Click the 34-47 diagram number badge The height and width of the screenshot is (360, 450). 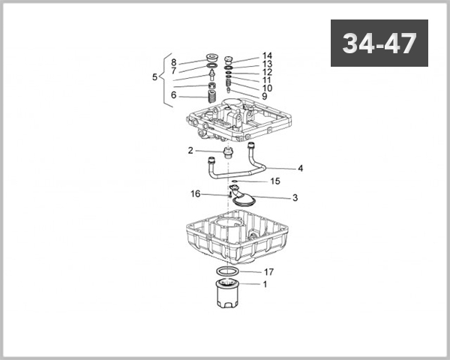tap(379, 43)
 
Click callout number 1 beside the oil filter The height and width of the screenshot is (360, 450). tap(264, 284)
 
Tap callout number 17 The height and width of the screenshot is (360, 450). tap(268, 271)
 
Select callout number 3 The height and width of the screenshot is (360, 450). tap(295, 198)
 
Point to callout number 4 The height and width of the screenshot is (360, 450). tap(300, 169)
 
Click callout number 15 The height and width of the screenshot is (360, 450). tap(275, 181)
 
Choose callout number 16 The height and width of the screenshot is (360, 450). tap(195, 193)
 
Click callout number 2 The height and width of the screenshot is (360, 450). tap(190, 151)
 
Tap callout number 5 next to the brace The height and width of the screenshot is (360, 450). tap(155, 76)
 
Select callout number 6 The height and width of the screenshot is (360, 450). tap(173, 95)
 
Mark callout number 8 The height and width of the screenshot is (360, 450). tap(173, 62)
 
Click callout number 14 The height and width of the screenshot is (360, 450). tap(267, 56)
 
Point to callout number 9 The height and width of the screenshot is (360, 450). tap(265, 97)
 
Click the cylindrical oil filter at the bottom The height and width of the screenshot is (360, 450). tap(227, 294)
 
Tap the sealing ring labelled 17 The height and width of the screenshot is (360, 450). tap(228, 270)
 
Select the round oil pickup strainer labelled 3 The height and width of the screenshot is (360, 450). tap(244, 198)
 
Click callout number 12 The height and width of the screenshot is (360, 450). tap(267, 73)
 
